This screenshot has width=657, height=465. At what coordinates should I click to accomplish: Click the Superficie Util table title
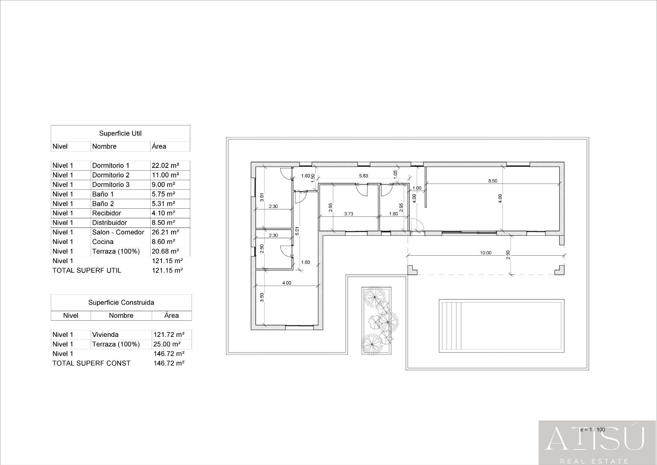pos(120,133)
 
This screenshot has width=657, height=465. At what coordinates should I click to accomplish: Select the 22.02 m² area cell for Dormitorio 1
pos(165,166)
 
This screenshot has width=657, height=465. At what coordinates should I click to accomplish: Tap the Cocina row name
pos(103,242)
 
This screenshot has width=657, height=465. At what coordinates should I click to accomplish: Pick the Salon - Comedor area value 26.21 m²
pos(165,232)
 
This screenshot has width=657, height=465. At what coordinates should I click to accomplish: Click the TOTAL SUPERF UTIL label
pos(87,270)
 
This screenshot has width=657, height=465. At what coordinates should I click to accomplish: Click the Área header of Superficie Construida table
pos(171,315)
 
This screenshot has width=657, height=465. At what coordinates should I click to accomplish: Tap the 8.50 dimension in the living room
pos(492,181)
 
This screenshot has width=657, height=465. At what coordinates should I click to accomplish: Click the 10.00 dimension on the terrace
pos(485,253)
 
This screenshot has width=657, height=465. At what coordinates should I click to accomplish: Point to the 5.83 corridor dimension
pos(363,176)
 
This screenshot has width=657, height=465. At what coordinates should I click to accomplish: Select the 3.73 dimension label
pos(348,214)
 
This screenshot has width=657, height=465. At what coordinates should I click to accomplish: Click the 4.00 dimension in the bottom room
pos(286,283)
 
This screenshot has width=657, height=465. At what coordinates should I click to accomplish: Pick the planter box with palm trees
pos(376,321)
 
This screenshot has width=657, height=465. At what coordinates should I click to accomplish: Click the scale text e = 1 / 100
pos(592,429)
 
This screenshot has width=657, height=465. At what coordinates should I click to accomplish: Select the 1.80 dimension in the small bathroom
pos(394,214)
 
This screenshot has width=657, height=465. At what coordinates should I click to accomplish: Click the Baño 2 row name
pos(103,204)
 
